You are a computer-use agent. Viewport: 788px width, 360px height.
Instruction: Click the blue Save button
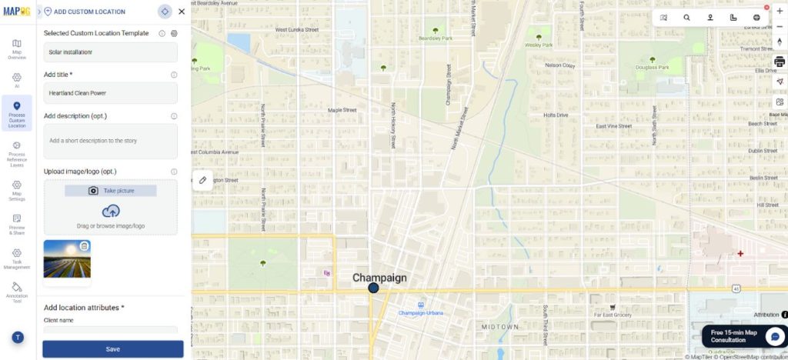coord(112,349)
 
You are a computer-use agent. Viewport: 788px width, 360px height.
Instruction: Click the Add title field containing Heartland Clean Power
coord(110,93)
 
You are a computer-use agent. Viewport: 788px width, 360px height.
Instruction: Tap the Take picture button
coord(110,190)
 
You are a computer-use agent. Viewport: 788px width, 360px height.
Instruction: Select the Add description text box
coord(110,142)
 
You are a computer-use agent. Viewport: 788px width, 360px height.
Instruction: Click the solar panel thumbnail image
coord(67,258)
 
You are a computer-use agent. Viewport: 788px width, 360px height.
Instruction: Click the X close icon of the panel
coord(182,12)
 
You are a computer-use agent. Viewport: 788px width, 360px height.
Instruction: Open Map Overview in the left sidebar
coord(17,48)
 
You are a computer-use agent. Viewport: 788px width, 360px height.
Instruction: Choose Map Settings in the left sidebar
coord(17,190)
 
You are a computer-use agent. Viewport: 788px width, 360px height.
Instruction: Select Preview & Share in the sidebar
coord(17,224)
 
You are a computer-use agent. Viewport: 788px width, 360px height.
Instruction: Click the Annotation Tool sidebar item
coord(17,292)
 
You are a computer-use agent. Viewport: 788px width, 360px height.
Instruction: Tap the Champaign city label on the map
coord(379,278)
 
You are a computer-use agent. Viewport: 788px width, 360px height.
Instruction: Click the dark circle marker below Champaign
coord(373,288)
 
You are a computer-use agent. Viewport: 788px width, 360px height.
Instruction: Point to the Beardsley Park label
coord(434,38)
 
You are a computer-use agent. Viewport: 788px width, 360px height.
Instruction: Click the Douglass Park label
coord(653,67)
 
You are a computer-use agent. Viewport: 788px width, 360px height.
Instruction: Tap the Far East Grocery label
coord(613,315)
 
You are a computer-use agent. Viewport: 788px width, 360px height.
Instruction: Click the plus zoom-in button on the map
coord(780,11)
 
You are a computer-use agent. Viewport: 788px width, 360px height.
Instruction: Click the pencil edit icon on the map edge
coord(202,180)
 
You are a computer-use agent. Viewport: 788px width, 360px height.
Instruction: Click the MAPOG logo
coord(17,11)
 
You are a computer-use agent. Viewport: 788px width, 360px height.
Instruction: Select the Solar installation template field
coord(110,52)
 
